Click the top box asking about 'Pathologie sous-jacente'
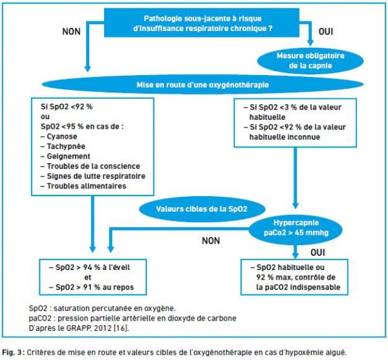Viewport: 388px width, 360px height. coord(202,23)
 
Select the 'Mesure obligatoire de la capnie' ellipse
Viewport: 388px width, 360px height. coord(310,61)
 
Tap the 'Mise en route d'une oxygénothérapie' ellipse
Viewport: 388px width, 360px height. coord(202,85)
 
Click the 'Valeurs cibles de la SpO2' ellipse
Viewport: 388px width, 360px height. coord(202,209)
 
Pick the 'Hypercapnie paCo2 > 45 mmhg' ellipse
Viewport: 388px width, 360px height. coord(296,228)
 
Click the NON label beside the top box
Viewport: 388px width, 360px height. coord(71,32)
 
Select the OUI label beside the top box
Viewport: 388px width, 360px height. coord(326,32)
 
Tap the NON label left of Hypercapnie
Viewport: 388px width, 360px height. coord(211,241)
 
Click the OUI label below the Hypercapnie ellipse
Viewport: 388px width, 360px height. coord(318,253)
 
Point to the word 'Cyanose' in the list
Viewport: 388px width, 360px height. coord(62,137)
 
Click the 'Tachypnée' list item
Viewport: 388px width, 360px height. coord(66,146)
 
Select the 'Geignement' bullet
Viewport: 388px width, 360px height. coord(69,156)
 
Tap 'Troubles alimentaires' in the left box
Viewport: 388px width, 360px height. coord(87,186)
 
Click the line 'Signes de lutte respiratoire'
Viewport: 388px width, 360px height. coord(96,176)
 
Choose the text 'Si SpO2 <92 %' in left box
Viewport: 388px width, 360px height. coord(67,107)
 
